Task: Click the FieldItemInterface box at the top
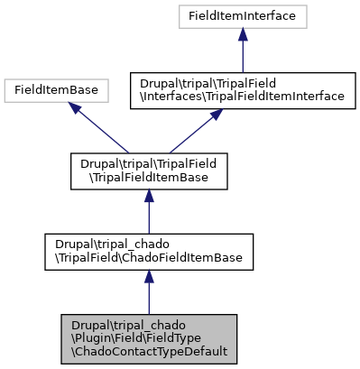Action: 243,15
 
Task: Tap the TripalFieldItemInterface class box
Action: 243,89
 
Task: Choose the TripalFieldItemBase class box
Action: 149,171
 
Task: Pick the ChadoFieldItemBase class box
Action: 149,252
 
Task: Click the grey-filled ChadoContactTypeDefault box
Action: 149,339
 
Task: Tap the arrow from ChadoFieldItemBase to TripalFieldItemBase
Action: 149,212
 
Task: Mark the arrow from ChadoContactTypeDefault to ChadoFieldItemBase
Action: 149,293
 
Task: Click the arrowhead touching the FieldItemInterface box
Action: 243,34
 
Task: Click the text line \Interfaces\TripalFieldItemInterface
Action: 243,96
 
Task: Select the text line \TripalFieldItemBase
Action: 149,177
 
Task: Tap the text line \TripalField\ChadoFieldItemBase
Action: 149,258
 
